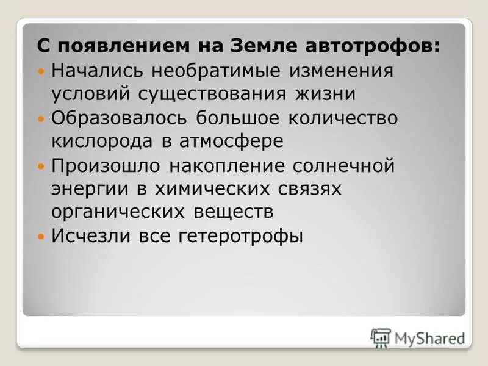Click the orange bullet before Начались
tap(41, 71)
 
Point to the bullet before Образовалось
tap(41, 118)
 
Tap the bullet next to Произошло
tap(41, 166)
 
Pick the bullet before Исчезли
tap(41, 236)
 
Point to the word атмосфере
tap(232, 142)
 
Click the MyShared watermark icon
tap(381, 337)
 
